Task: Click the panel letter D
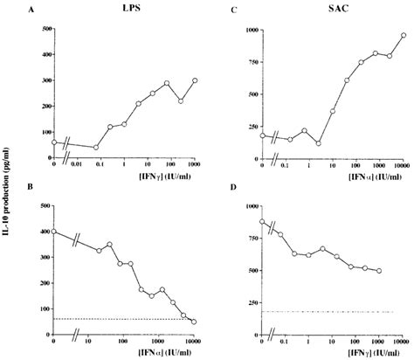coord(231,187)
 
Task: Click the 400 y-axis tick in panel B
coord(43,232)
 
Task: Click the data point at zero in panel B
coord(55,232)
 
